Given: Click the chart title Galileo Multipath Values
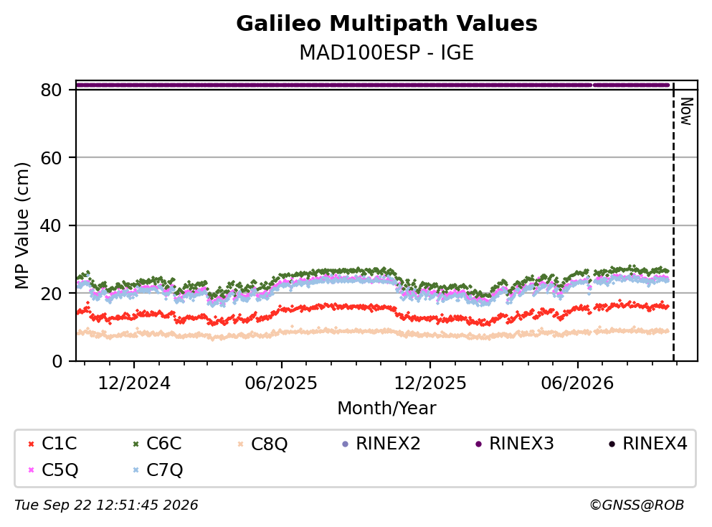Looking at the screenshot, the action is coord(386,24).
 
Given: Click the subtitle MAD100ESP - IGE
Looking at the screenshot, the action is coord(386,52).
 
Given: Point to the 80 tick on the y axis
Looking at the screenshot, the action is coord(51,90).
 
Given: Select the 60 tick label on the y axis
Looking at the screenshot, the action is coord(51,158).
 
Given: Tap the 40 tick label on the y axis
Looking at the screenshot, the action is coord(51,225).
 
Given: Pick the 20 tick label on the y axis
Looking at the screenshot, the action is coord(51,293).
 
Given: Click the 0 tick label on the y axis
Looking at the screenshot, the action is coord(57,361).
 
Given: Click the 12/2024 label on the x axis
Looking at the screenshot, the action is coord(134,383).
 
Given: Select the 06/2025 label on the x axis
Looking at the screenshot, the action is coord(281,383).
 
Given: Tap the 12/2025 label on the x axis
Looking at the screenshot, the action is coord(430,383).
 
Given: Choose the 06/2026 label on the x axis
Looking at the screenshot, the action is coord(577,383).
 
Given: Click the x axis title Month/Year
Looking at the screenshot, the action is coord(386,409).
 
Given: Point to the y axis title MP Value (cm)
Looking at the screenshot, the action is coord(22,225).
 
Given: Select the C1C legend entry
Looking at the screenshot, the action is coord(52,443).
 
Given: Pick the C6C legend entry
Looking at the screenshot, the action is coord(156,443).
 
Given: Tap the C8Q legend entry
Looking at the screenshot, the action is coord(262,444).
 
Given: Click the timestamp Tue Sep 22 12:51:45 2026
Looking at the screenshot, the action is coord(106,505).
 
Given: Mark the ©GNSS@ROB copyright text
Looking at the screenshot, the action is coord(637,505).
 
